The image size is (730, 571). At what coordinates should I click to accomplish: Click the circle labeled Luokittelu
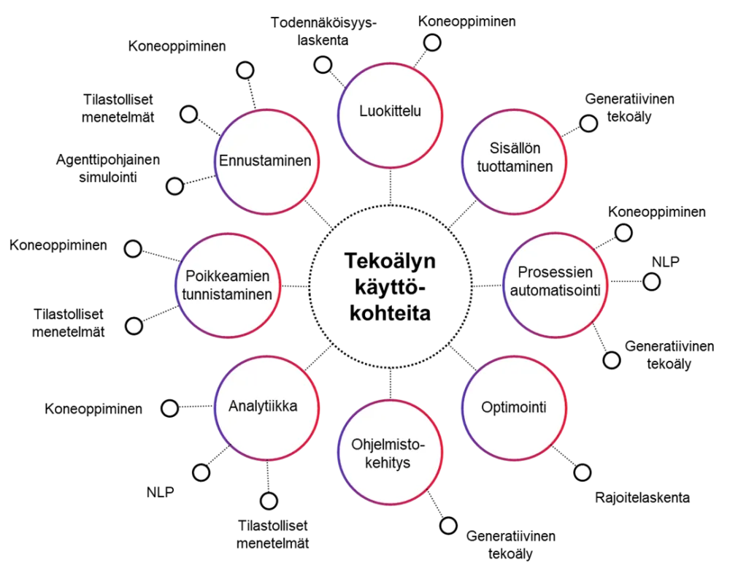click(x=391, y=112)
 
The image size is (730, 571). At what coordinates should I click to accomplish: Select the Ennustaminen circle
click(x=266, y=161)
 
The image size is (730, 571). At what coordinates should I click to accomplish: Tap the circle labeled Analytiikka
click(x=263, y=407)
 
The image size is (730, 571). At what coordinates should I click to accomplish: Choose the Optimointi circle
click(x=514, y=407)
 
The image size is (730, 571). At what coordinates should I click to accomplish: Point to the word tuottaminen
click(x=515, y=166)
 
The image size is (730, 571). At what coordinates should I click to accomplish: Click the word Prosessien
click(x=556, y=272)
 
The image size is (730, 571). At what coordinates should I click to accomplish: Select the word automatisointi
click(x=556, y=291)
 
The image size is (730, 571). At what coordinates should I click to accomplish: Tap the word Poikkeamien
click(x=228, y=277)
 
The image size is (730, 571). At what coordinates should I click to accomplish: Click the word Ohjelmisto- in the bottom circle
click(x=388, y=445)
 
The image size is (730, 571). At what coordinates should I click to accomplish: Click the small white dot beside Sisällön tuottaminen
click(x=588, y=123)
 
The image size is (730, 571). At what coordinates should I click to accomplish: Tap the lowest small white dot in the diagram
click(x=448, y=526)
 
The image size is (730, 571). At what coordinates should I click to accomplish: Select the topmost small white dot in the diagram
click(x=245, y=71)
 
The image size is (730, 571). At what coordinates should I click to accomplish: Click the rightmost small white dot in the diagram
click(x=651, y=282)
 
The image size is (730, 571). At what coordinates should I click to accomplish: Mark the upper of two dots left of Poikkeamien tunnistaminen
click(x=133, y=249)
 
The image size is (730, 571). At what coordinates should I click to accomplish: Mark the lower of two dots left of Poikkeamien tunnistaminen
click(x=134, y=326)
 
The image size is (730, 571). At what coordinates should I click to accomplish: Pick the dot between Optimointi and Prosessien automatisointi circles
click(x=612, y=360)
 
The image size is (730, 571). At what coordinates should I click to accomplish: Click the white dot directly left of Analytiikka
click(x=169, y=409)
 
